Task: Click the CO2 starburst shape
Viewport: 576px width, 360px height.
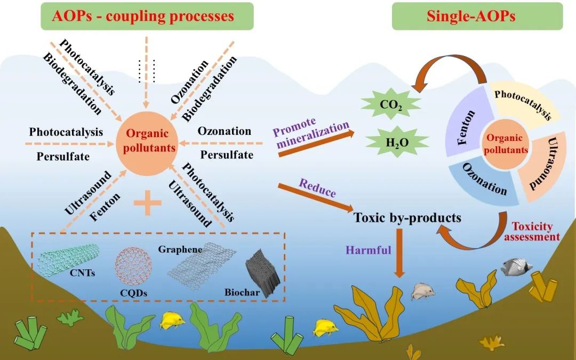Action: point(391,105)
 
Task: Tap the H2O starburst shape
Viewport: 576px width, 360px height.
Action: point(397,142)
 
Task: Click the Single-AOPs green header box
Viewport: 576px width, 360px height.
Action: point(477,16)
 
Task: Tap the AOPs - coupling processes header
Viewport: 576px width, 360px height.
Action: point(147,16)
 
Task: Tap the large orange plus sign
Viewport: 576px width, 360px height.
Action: point(147,203)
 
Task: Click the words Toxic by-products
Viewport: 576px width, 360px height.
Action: point(407,218)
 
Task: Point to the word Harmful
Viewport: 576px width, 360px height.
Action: point(369,250)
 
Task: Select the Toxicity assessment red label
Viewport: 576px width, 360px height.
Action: point(532,231)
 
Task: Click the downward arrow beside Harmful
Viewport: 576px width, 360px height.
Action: point(399,253)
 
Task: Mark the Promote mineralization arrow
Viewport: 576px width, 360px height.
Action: point(317,143)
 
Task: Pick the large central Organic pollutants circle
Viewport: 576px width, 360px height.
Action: point(147,143)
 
